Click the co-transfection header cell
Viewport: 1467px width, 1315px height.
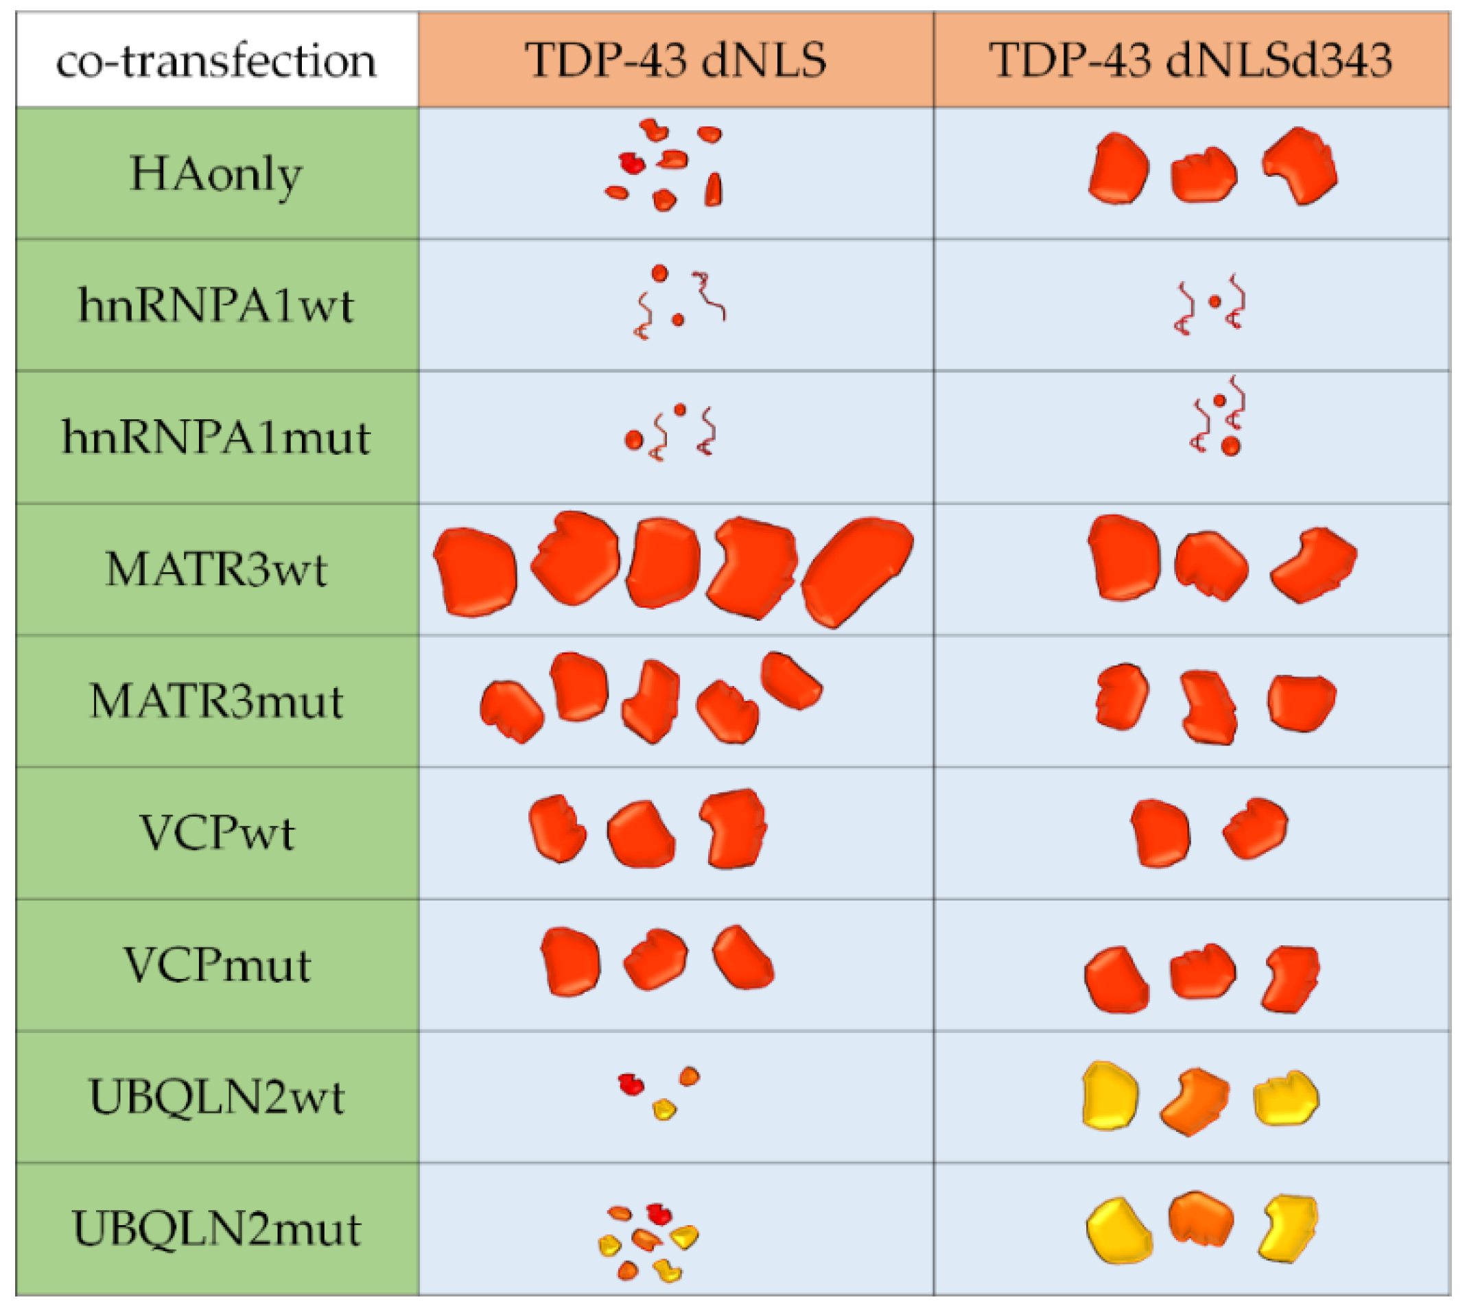[x=216, y=60]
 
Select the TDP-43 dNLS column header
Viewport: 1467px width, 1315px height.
[x=675, y=60]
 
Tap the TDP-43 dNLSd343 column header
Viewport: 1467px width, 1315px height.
[x=1190, y=60]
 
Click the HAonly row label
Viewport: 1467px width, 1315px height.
[x=216, y=174]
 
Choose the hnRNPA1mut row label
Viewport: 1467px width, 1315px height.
[x=216, y=437]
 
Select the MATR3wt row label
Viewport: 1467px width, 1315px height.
[x=216, y=569]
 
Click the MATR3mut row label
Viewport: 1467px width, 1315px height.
[x=216, y=702]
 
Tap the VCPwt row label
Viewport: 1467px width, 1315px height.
[x=216, y=833]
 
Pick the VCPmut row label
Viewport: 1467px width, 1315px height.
[x=216, y=965]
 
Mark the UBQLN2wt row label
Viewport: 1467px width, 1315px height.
[x=216, y=1098]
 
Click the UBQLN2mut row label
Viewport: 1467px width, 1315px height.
[x=216, y=1229]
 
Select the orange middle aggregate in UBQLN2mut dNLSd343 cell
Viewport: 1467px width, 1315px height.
[x=1200, y=1220]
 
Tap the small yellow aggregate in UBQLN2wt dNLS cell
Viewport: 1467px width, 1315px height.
[x=664, y=1109]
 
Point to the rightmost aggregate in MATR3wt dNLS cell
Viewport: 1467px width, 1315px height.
[x=857, y=571]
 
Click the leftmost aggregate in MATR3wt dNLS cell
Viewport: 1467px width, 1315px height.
[x=476, y=572]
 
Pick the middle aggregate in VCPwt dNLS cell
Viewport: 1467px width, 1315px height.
[x=640, y=835]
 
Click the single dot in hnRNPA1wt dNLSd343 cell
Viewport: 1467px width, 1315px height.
[x=1214, y=301]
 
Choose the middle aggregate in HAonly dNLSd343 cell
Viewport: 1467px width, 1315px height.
[x=1204, y=176]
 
